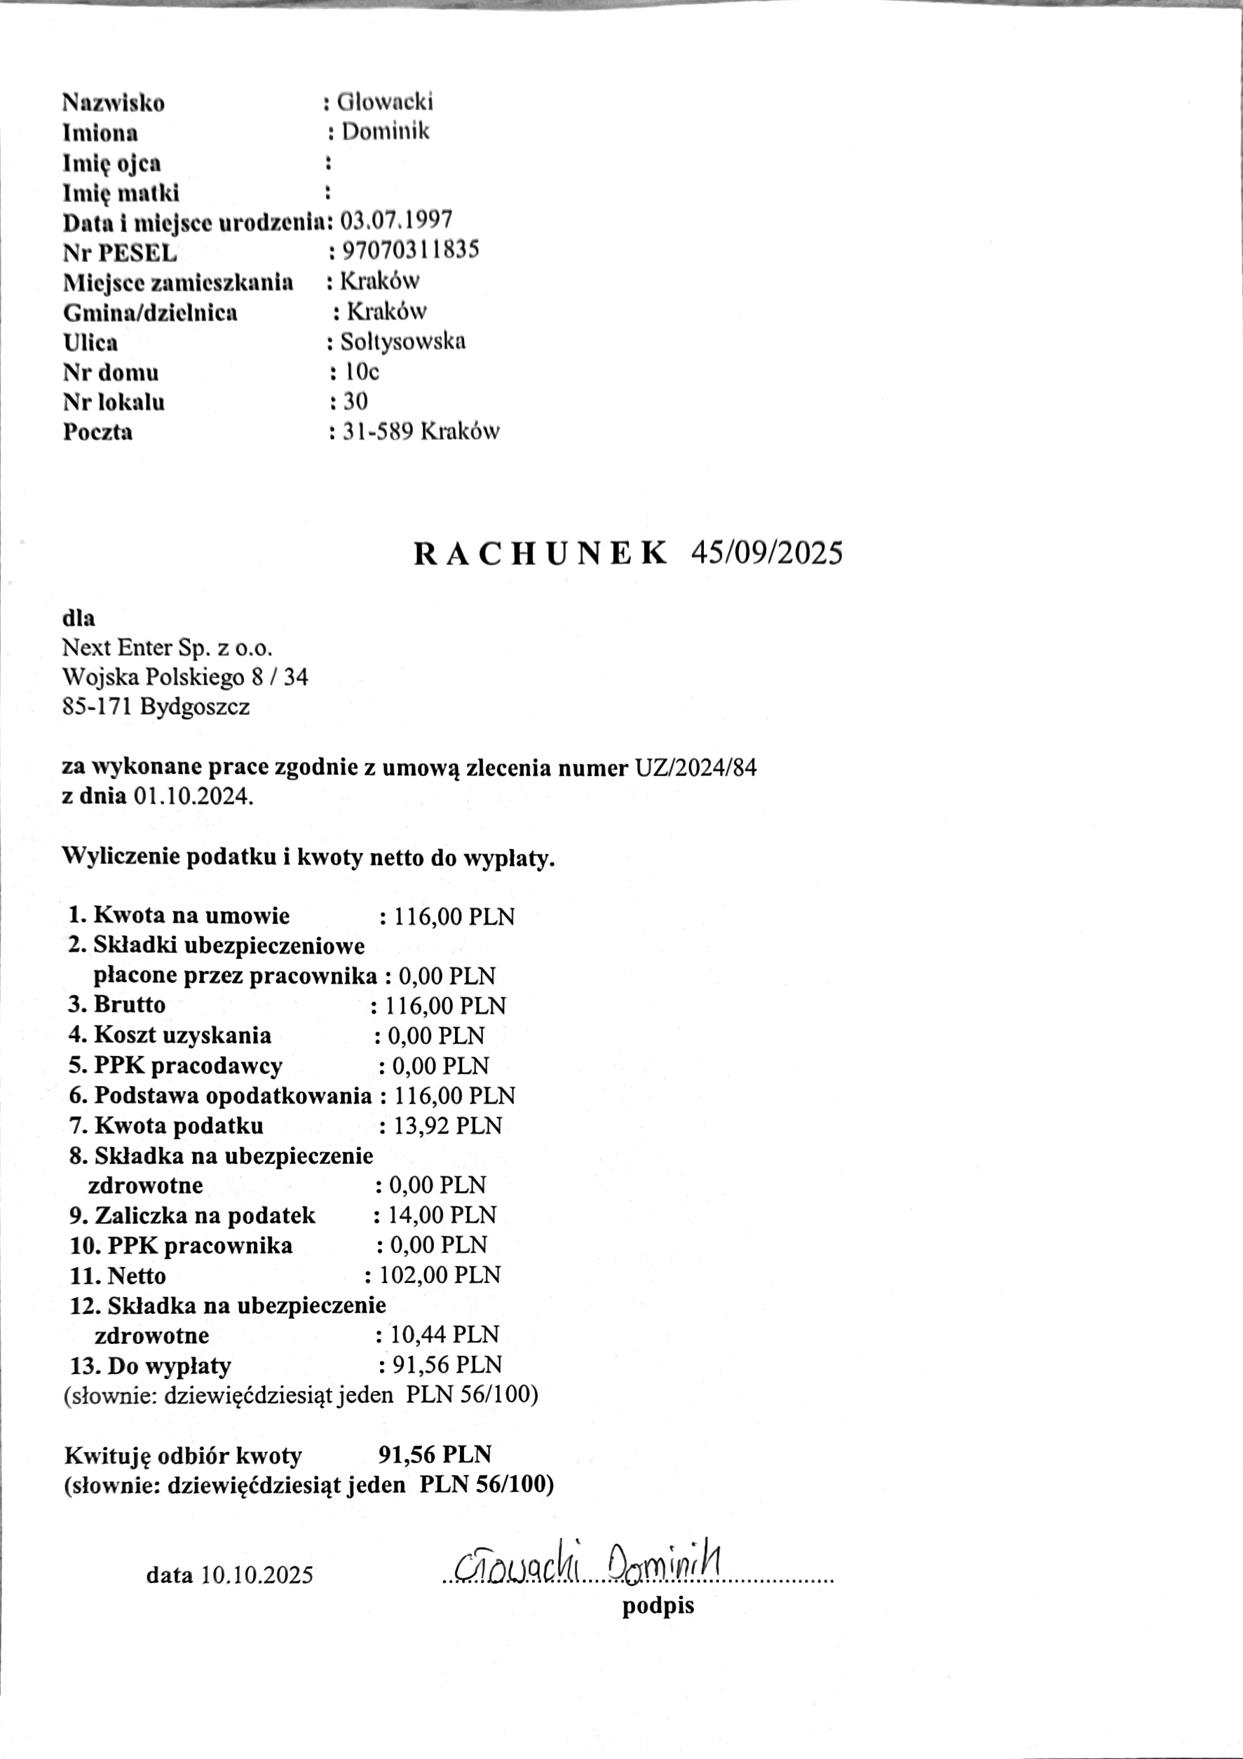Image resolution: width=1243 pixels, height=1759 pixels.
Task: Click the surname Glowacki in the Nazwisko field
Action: [385, 101]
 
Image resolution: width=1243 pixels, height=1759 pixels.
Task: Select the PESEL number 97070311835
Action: [410, 250]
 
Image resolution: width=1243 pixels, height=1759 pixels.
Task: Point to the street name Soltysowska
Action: [402, 341]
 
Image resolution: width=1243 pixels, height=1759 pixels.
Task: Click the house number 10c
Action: [361, 372]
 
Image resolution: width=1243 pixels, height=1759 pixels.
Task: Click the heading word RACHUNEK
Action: [541, 553]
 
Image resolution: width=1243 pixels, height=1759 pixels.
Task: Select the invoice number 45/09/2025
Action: [766, 552]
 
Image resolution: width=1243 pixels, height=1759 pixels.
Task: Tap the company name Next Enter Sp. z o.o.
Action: [167, 647]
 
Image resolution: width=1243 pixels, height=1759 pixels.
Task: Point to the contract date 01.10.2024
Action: [193, 796]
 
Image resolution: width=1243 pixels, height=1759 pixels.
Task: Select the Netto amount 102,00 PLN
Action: [440, 1275]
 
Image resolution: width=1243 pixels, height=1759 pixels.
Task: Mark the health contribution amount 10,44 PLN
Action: [444, 1335]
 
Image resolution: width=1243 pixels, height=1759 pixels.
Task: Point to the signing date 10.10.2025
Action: [257, 1575]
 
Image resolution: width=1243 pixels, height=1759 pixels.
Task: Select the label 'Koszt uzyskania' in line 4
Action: [182, 1035]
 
